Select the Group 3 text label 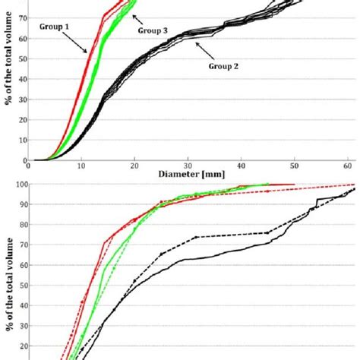click(x=154, y=30)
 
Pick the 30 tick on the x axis click(x=188, y=165)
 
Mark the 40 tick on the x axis click(x=241, y=165)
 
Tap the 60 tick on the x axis click(x=346, y=165)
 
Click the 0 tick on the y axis click(x=25, y=160)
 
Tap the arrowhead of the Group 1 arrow click(x=90, y=53)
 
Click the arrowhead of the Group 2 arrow click(x=196, y=45)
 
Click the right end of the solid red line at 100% click(x=295, y=184)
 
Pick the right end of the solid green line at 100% click(x=270, y=184)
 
